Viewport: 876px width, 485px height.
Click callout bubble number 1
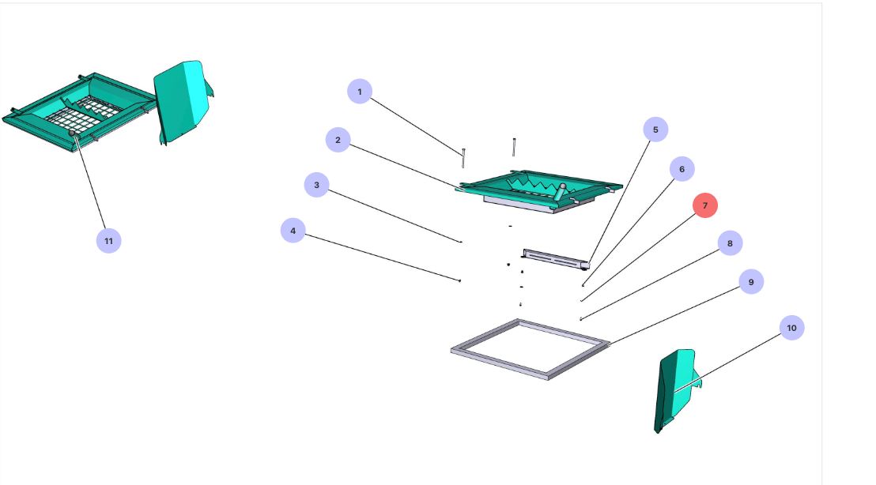(x=360, y=92)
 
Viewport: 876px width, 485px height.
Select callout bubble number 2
(x=338, y=141)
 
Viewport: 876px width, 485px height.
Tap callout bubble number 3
(x=316, y=186)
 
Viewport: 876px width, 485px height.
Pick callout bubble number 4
(x=293, y=231)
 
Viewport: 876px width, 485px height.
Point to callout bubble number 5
(x=655, y=130)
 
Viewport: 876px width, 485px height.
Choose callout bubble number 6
(x=682, y=168)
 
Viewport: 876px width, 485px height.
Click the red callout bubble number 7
(x=705, y=205)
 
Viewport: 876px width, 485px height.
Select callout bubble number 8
(x=730, y=243)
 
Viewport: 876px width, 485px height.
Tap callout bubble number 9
(x=751, y=281)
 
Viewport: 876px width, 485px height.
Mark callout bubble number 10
(x=791, y=327)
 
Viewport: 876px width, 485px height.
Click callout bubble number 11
(x=109, y=240)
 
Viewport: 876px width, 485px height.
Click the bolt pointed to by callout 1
(x=463, y=156)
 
